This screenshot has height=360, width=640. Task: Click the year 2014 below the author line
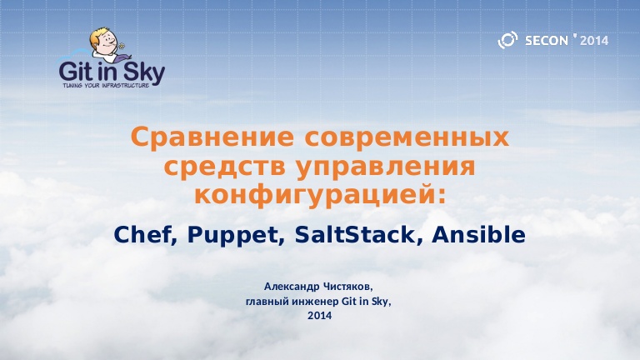319,316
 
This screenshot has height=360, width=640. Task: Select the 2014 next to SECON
594,40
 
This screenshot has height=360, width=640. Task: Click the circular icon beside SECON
507,40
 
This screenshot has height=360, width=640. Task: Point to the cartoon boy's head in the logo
102,39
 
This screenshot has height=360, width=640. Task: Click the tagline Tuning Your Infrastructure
106,85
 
